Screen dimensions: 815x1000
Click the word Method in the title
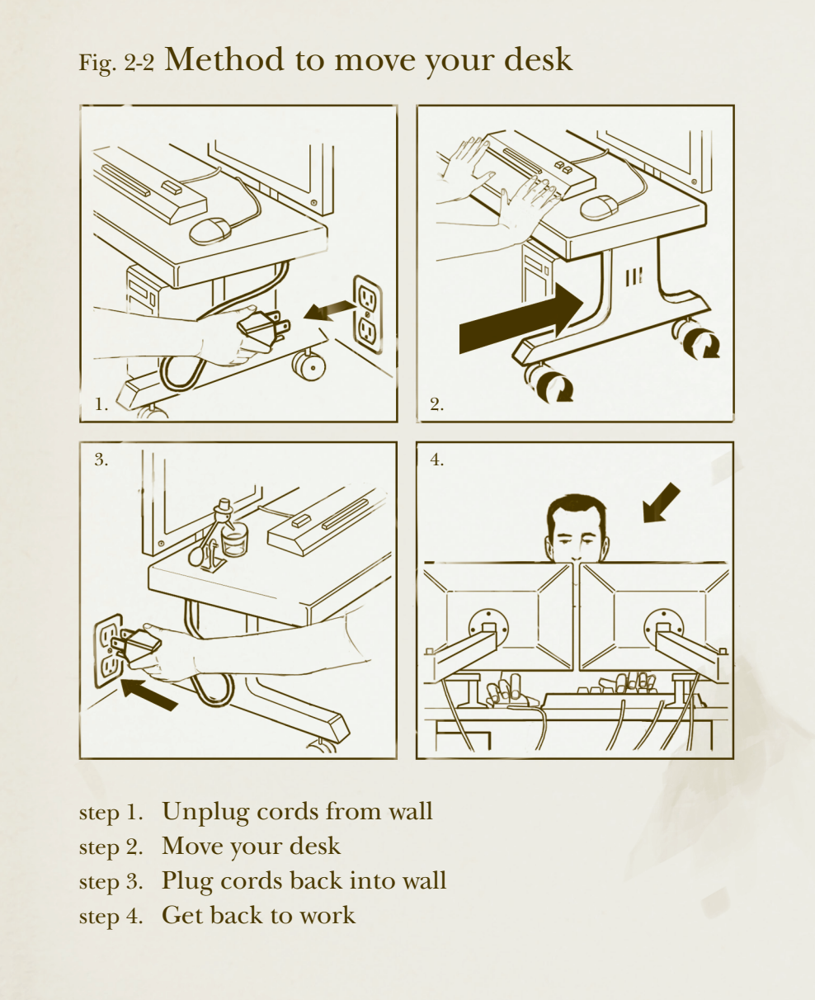(224, 59)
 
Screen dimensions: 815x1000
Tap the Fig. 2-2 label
(116, 63)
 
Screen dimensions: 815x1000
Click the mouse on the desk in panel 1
(210, 231)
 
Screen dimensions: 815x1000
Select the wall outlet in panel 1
(367, 314)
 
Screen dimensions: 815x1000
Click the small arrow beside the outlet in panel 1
(329, 310)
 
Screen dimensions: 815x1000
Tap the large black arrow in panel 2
(521, 318)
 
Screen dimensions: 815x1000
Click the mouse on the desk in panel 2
(599, 208)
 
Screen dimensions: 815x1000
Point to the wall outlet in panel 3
(109, 650)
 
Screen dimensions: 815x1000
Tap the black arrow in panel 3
(148, 694)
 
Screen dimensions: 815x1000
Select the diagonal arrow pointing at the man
(661, 502)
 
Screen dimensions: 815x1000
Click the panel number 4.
(436, 460)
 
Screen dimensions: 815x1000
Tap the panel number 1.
(101, 404)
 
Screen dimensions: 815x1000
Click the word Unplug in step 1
(205, 812)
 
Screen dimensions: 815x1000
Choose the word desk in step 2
(315, 847)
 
